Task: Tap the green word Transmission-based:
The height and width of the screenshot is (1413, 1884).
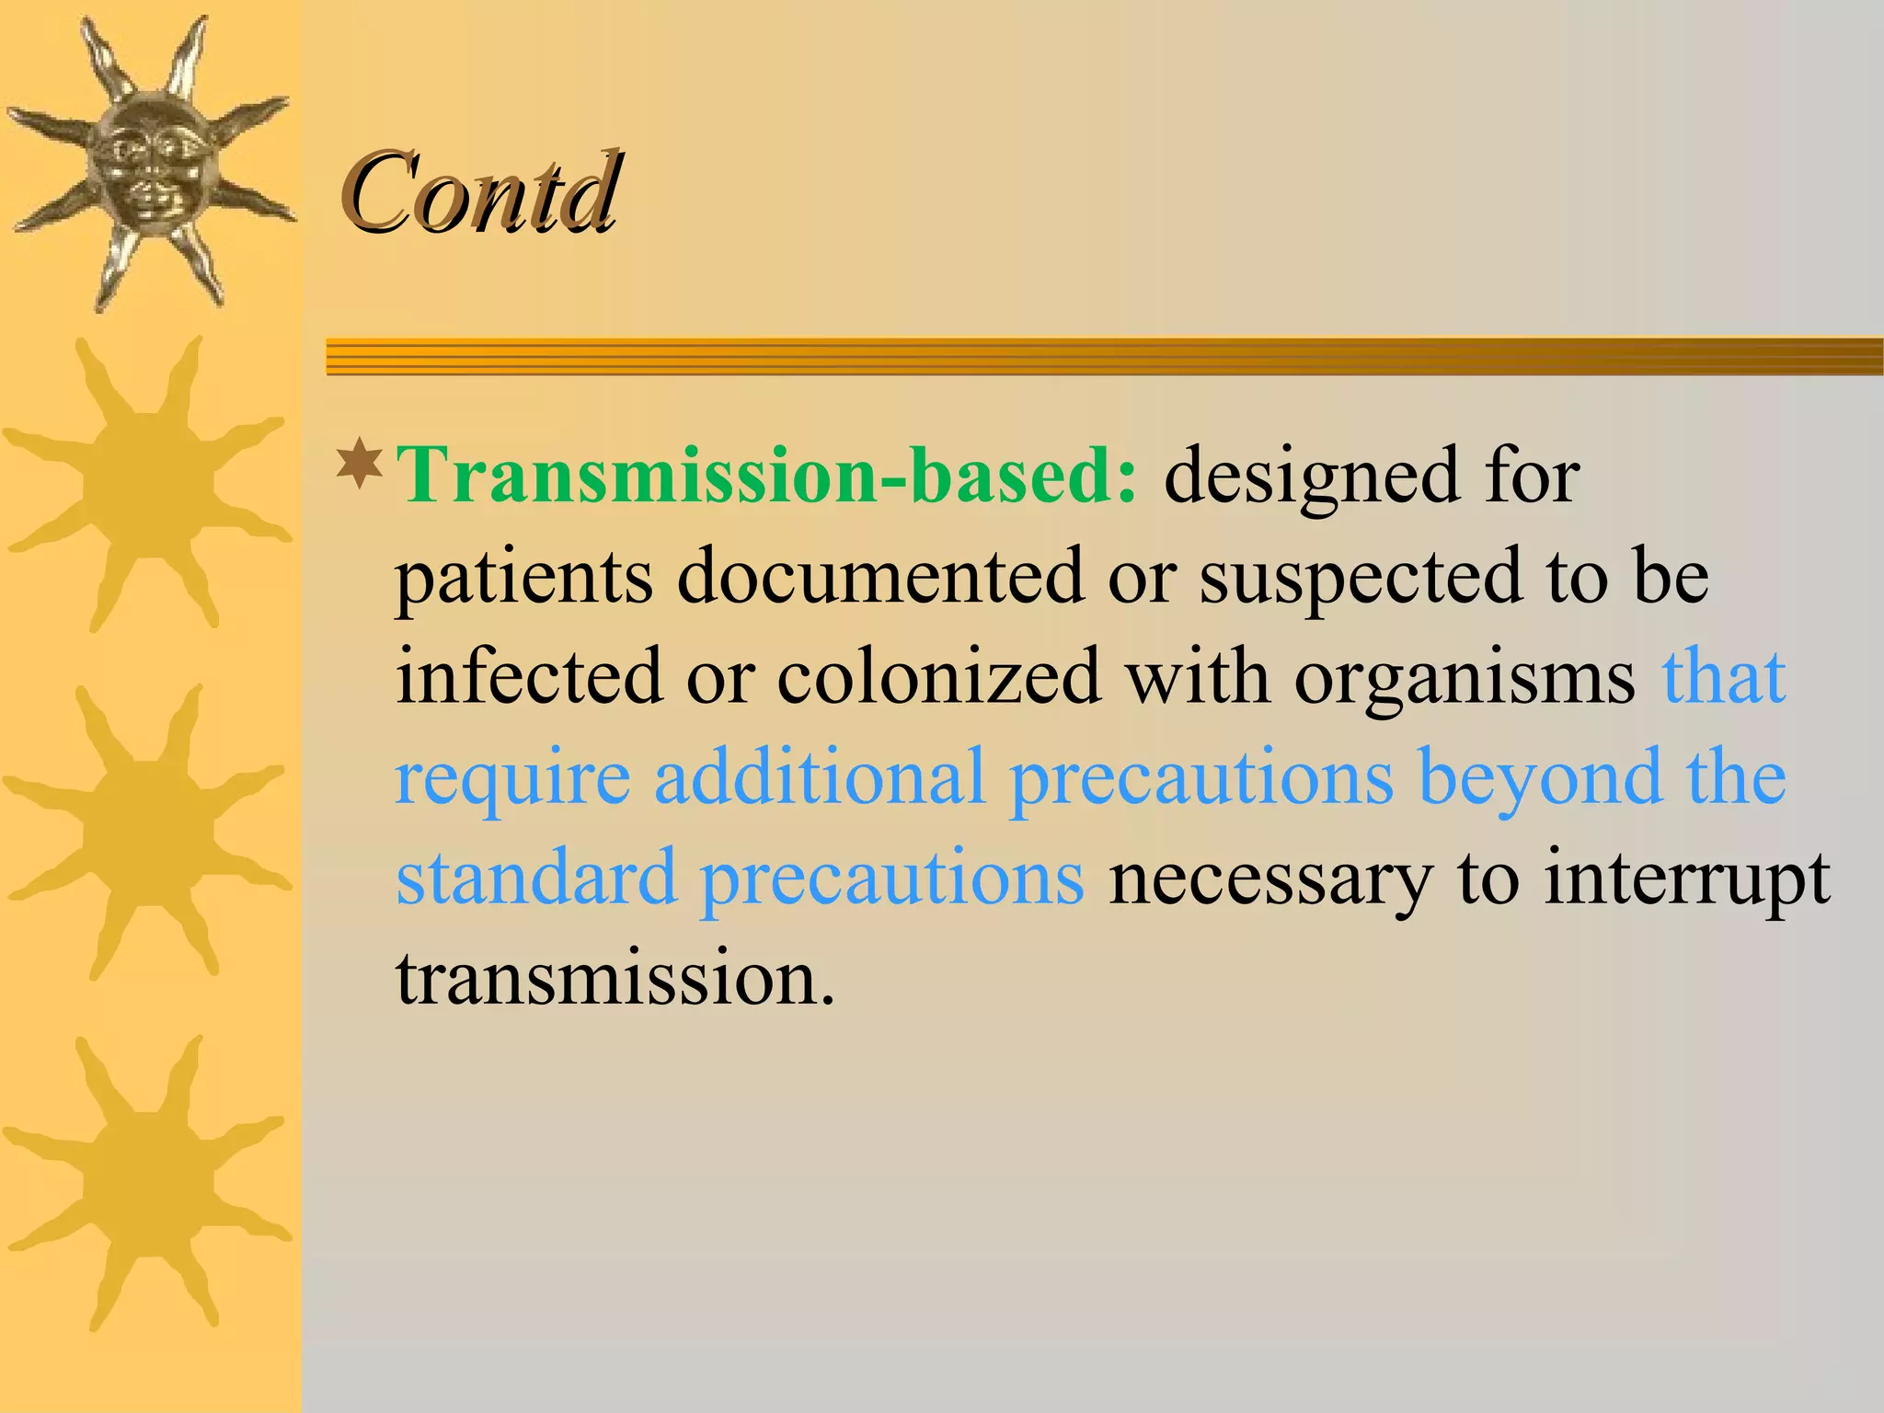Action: click(x=767, y=476)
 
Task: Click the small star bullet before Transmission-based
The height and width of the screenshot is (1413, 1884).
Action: click(x=360, y=465)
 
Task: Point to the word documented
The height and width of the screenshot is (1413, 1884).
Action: click(x=880, y=576)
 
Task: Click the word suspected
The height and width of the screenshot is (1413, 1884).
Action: click(x=1361, y=578)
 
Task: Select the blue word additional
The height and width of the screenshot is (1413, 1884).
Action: click(x=820, y=777)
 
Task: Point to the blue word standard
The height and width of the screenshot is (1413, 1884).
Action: click(x=536, y=878)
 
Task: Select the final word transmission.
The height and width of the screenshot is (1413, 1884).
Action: click(x=615, y=977)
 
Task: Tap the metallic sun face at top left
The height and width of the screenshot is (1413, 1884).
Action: click(x=150, y=161)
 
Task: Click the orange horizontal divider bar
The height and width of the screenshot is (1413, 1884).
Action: click(x=1104, y=356)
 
